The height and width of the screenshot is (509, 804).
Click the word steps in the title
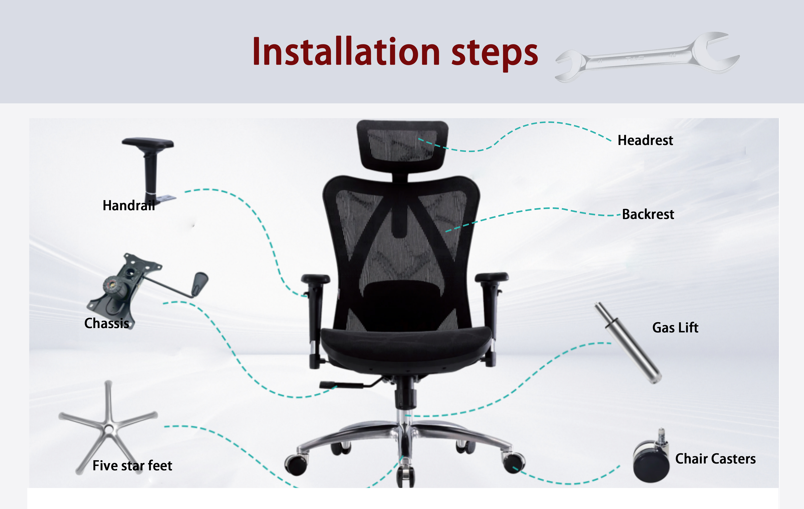[495, 53]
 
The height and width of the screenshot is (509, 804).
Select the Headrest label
[645, 140]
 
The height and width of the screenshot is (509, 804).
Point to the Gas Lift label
[675, 328]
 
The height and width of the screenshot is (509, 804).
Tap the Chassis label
[106, 323]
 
